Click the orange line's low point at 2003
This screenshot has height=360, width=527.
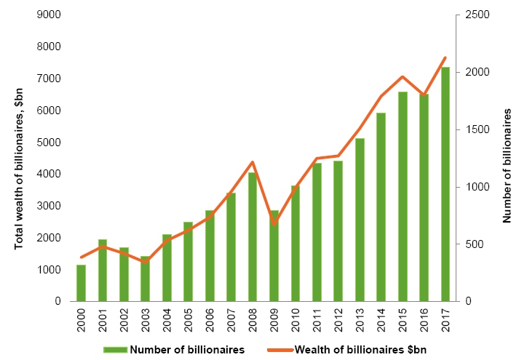(146, 262)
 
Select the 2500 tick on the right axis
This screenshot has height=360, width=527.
(474, 15)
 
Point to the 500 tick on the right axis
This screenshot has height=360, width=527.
(471, 244)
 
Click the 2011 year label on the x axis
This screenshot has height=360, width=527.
(317, 319)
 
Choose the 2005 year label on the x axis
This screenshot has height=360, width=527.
(189, 319)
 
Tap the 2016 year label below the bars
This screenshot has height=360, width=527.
(424, 319)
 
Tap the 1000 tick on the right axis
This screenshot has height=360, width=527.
(474, 187)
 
